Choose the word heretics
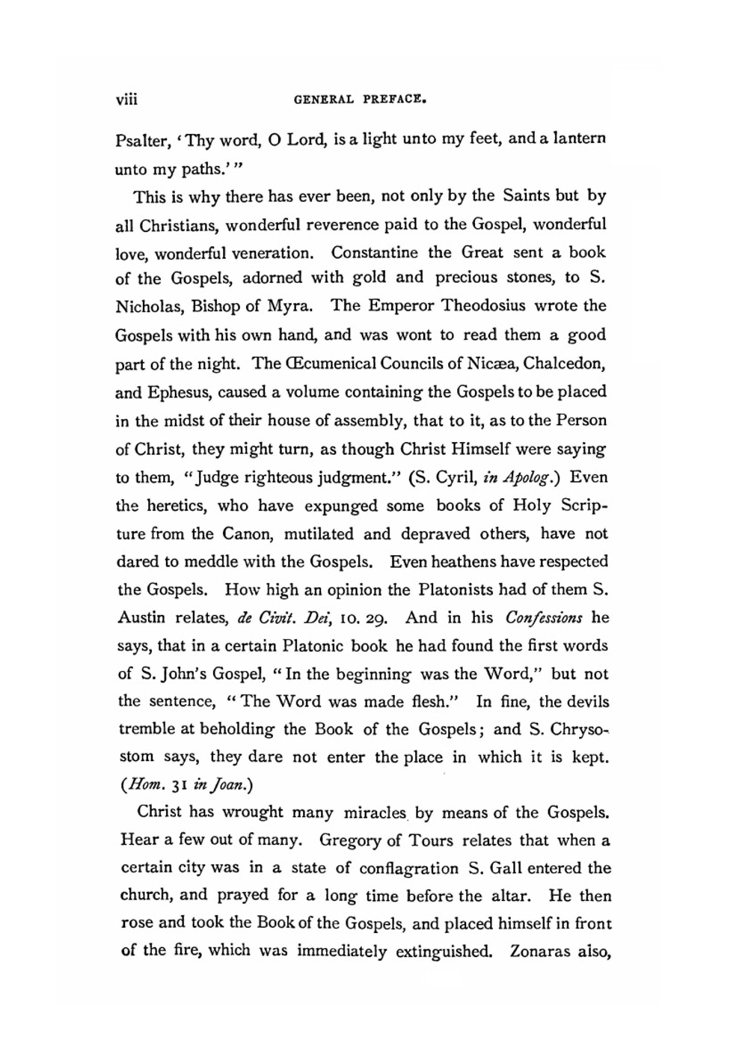coord(174,506)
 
